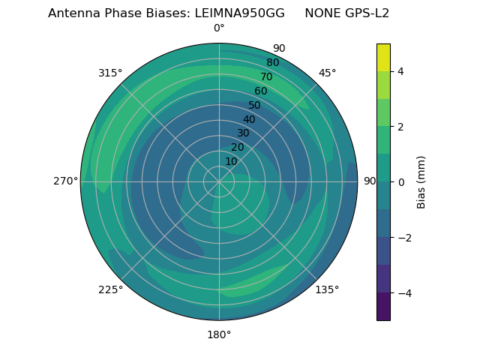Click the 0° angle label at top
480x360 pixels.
point(219,28)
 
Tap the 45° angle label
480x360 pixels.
point(327,73)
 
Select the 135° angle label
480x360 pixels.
point(327,289)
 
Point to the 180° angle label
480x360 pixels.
point(219,334)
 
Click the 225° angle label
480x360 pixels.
point(110,289)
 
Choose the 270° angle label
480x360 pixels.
point(65,181)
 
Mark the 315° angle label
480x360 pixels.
point(110,73)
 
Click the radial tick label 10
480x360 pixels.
point(231,161)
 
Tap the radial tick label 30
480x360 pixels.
point(243,133)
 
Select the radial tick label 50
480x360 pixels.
point(255,105)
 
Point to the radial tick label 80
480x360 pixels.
point(273,63)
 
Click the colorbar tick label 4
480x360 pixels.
point(400,71)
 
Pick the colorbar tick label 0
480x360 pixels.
point(400,182)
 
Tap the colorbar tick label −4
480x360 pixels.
point(403,293)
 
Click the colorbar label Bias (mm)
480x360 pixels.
point(421,182)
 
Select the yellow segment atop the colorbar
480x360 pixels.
point(383,57)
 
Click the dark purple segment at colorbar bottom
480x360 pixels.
point(383,307)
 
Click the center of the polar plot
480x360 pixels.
point(219,181)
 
